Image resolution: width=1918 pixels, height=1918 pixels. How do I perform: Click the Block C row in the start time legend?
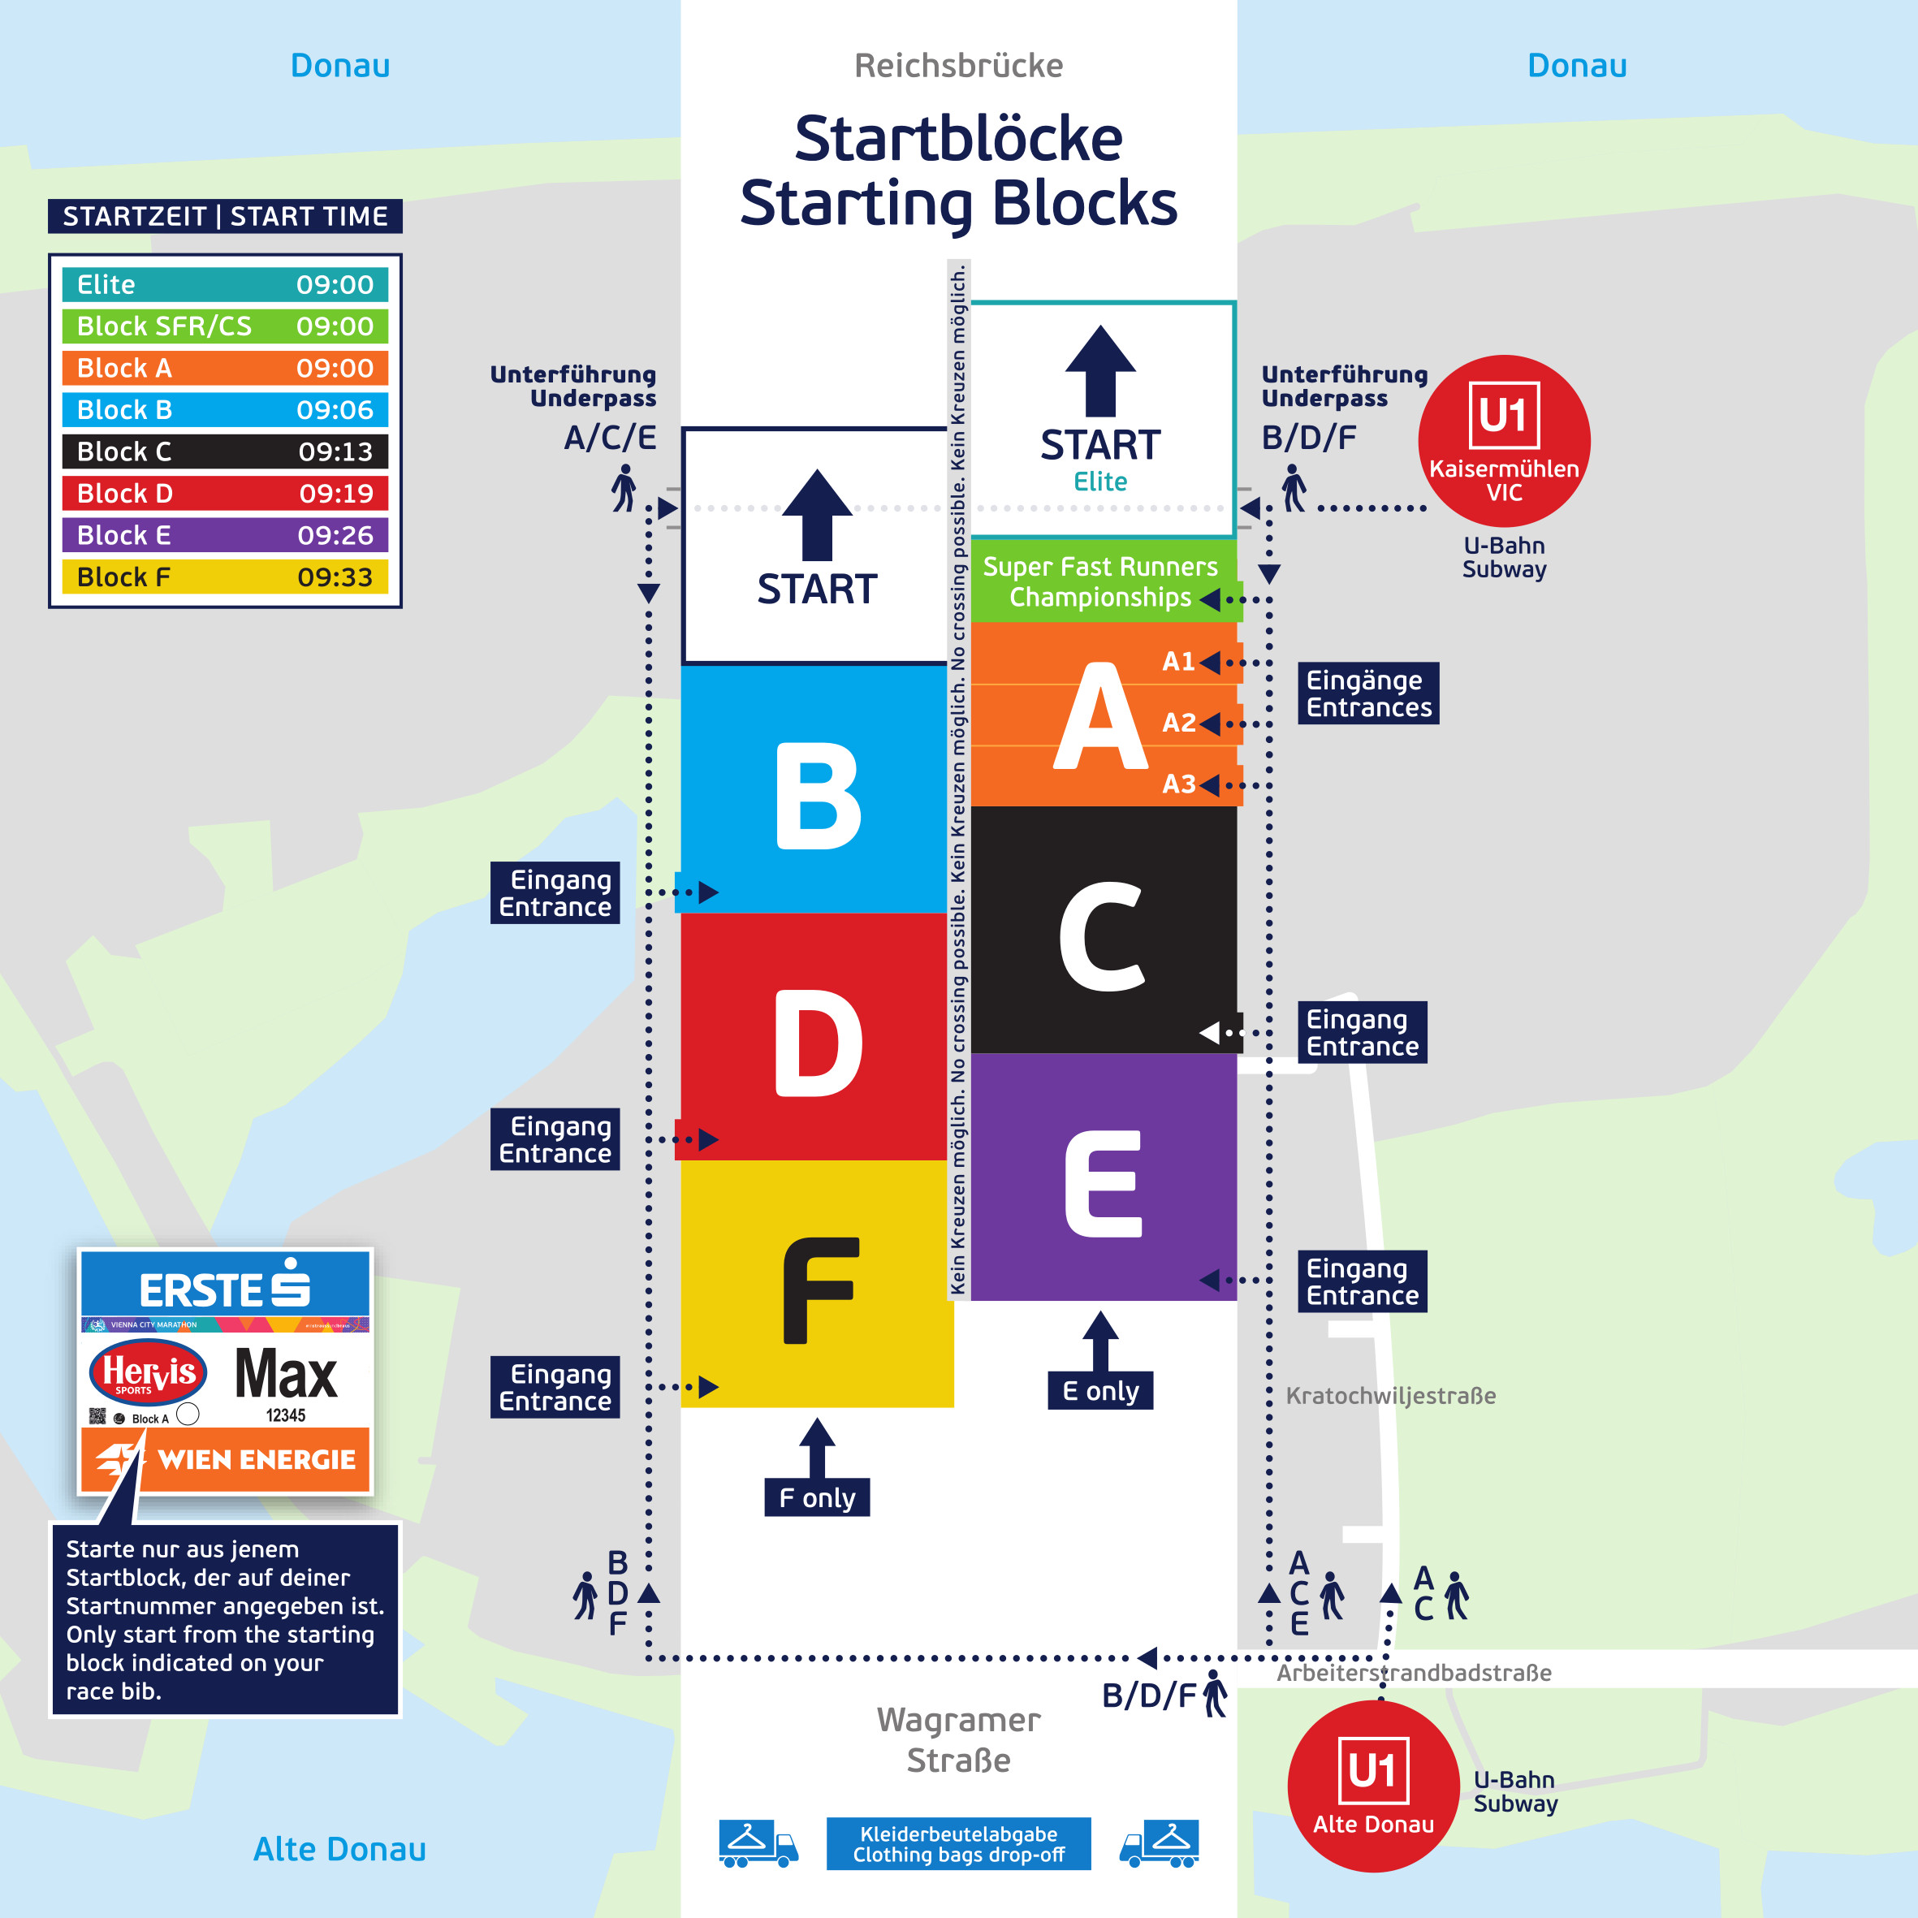[224, 451]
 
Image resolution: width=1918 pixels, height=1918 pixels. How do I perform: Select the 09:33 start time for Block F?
[335, 577]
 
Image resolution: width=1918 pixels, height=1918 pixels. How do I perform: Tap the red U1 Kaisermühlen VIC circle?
[1503, 441]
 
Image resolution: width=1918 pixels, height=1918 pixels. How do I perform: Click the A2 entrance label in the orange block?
[1178, 723]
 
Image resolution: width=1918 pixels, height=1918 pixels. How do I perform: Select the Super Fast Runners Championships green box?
[1100, 581]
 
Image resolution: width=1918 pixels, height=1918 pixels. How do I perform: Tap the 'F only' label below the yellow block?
[816, 1497]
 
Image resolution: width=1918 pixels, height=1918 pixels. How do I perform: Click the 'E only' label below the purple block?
[1100, 1391]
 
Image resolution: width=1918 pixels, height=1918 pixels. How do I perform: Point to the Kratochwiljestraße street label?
[1390, 1396]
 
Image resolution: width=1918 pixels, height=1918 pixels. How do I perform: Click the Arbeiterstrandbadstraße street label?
[1413, 1673]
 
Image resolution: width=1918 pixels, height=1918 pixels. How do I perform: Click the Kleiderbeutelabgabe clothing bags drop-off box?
[958, 1843]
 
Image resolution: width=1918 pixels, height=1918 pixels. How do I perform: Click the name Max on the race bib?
[286, 1375]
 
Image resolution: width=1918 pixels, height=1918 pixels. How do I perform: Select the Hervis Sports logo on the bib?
[149, 1373]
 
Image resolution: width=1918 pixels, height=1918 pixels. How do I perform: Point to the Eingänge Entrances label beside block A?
[1368, 693]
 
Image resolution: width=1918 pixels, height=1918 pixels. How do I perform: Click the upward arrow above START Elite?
[1100, 370]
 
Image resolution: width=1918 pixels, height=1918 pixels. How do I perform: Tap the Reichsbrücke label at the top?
[958, 66]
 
